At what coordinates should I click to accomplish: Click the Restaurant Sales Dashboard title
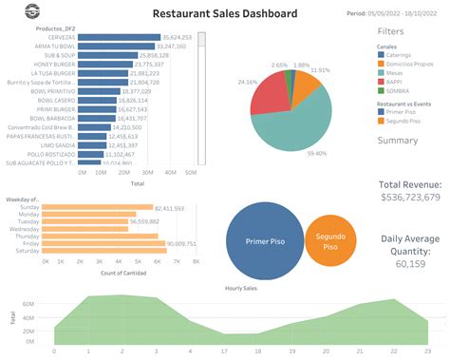(225, 14)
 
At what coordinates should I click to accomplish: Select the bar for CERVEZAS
(118, 36)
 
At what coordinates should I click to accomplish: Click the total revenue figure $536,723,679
(409, 197)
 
